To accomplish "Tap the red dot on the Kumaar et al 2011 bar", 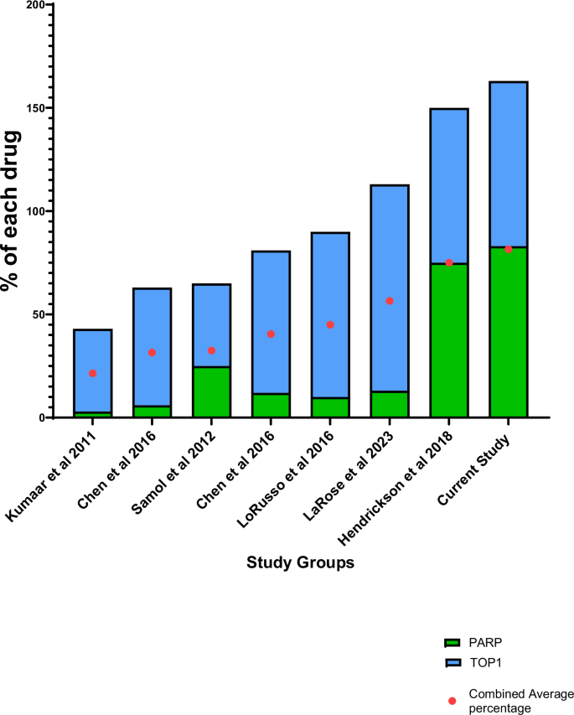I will click(x=92, y=373).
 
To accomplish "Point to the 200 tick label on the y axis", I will click(x=35, y=5).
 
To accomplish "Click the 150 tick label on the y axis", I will click(x=35, y=108).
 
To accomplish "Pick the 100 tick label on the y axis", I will click(x=35, y=211).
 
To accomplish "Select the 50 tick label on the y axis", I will click(x=39, y=314).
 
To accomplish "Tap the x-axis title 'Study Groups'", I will click(x=300, y=563).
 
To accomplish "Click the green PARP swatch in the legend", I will click(x=452, y=643).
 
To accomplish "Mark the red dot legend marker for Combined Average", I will click(x=452, y=700).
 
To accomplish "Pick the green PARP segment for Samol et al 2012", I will click(x=211, y=392).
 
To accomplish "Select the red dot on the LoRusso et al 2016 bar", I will click(x=330, y=324).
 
